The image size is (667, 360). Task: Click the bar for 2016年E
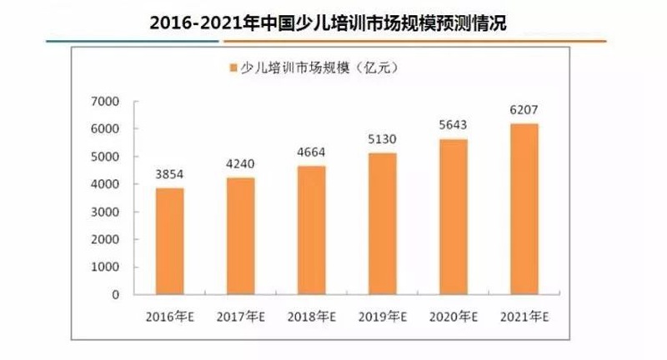170,242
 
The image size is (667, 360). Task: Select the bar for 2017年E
241,237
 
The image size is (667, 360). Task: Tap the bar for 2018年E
311,231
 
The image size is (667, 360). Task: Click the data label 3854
170,176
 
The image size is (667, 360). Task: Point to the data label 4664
311,153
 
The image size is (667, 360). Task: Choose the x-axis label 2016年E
170,317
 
